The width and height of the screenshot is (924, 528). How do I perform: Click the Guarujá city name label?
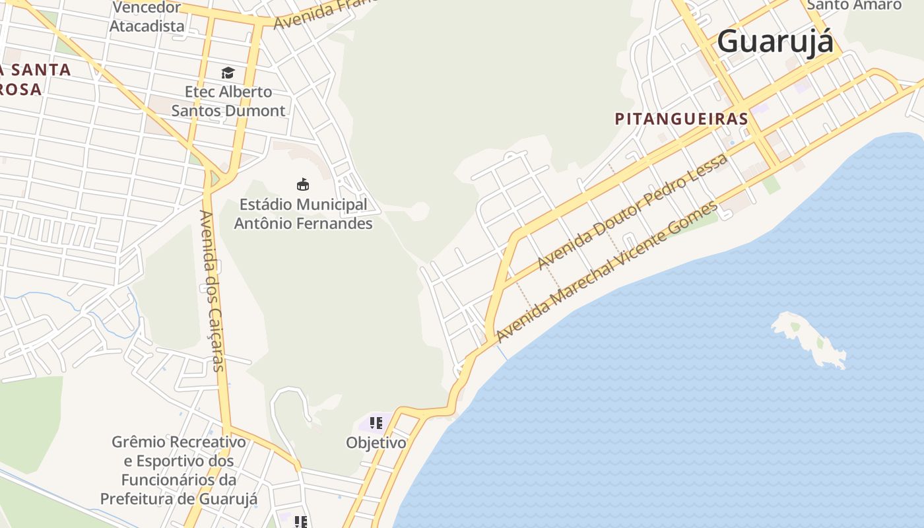[x=775, y=41]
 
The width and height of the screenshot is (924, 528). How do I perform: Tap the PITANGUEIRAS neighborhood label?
[x=681, y=119]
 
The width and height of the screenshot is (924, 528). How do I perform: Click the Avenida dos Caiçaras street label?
[x=213, y=290]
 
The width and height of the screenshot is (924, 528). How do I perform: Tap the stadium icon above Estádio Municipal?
[x=303, y=184]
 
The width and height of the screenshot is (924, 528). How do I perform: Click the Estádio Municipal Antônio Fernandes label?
[x=303, y=214]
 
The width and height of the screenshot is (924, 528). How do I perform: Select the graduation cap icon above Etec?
[x=228, y=73]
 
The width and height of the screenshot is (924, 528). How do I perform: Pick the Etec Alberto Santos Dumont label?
[x=228, y=101]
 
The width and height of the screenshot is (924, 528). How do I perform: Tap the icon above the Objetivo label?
[x=376, y=423]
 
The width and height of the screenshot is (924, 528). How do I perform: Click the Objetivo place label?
[x=376, y=443]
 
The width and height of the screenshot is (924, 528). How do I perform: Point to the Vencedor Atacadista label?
[x=147, y=17]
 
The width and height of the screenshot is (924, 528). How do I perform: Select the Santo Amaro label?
[x=854, y=5]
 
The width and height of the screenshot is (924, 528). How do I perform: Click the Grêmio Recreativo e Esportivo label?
[x=179, y=470]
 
